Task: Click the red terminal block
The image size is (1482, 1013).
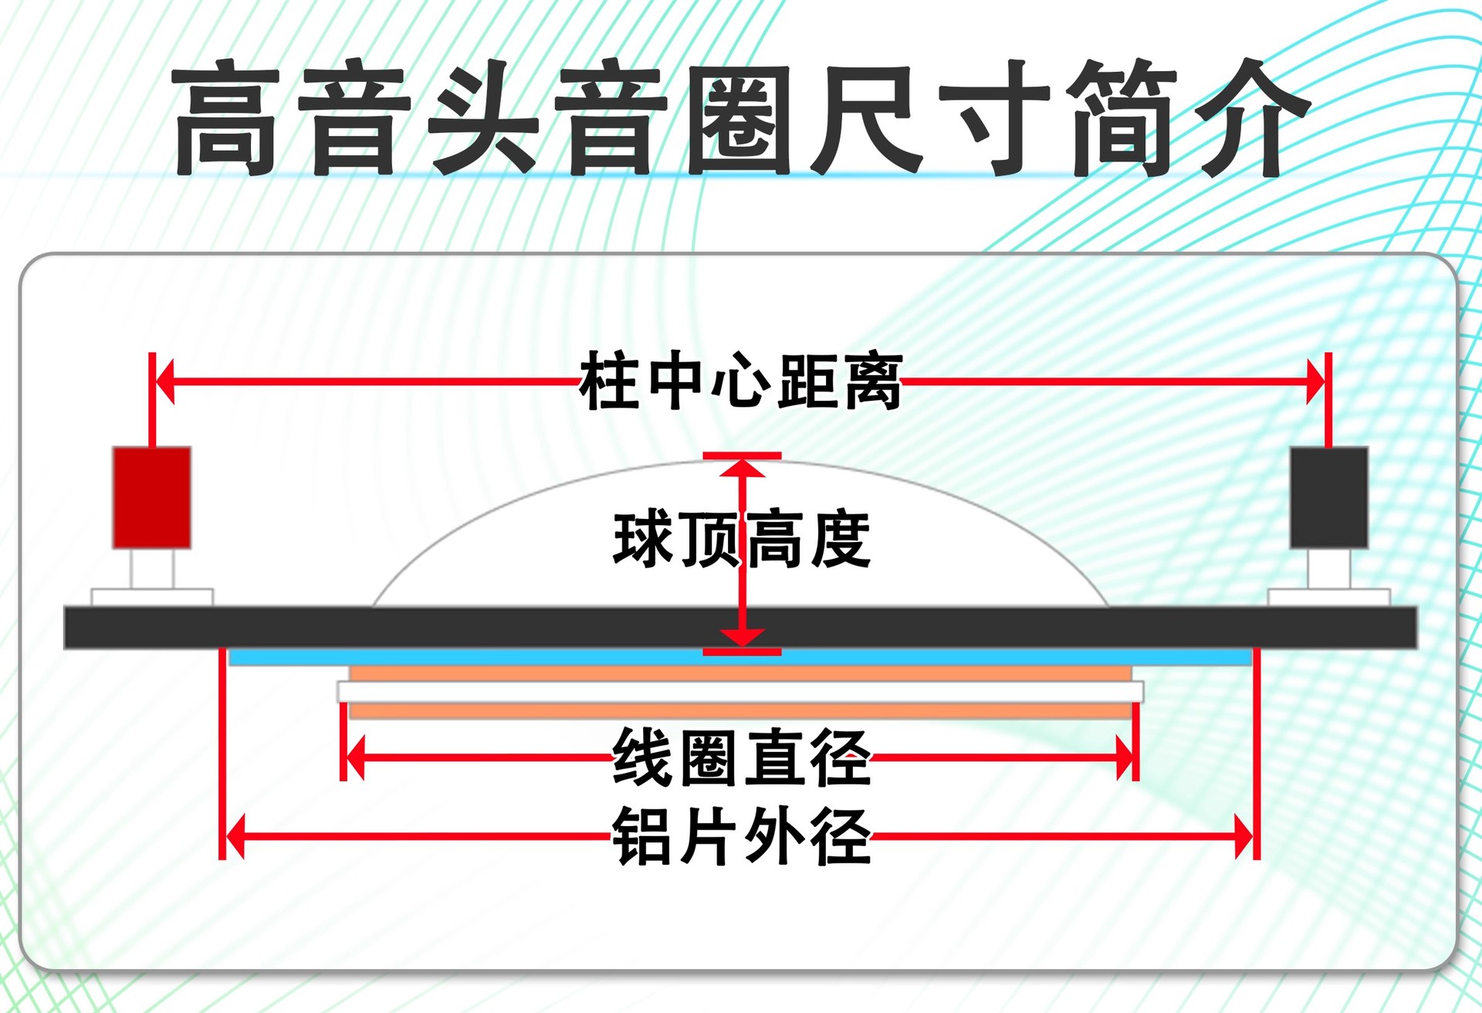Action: coord(152,497)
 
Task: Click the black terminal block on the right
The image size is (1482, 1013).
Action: coord(1328,497)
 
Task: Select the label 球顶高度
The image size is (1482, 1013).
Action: coord(741,540)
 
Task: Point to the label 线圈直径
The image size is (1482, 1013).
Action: coord(741,757)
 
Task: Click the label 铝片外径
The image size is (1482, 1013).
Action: coord(741,836)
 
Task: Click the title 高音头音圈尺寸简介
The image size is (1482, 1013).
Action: coord(741,117)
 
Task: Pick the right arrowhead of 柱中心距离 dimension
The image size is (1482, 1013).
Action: coord(1315,381)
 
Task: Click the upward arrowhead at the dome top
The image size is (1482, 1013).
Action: coord(742,468)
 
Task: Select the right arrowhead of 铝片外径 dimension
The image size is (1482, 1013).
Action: coord(1243,836)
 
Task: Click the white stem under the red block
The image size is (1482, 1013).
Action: coord(152,569)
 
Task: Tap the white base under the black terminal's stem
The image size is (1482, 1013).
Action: coord(1328,597)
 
